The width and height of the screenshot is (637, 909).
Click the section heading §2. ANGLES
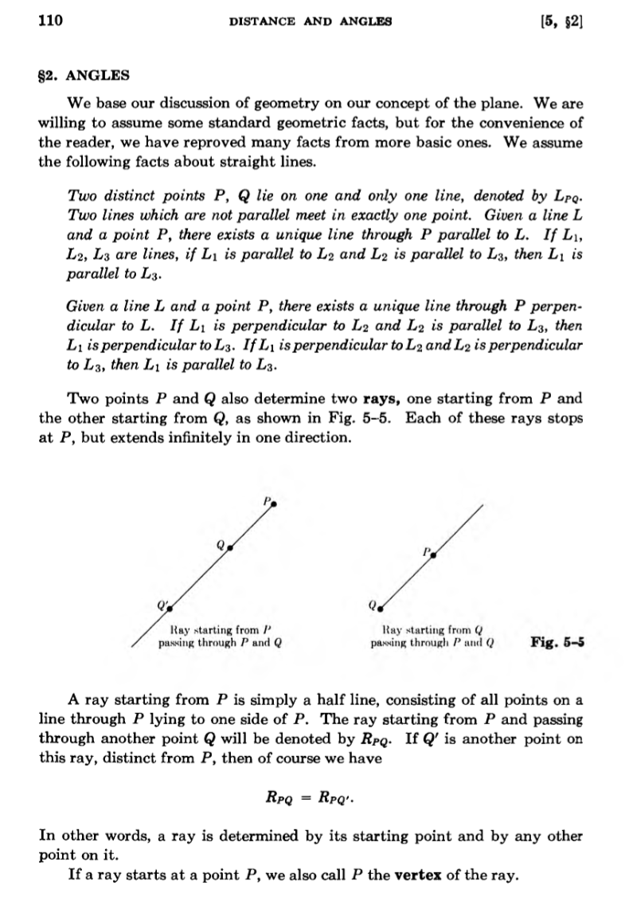point(84,76)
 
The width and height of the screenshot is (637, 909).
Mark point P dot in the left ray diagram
point(275,503)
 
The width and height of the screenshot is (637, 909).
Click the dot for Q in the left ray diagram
point(229,548)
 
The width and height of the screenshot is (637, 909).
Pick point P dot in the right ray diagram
point(435,550)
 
